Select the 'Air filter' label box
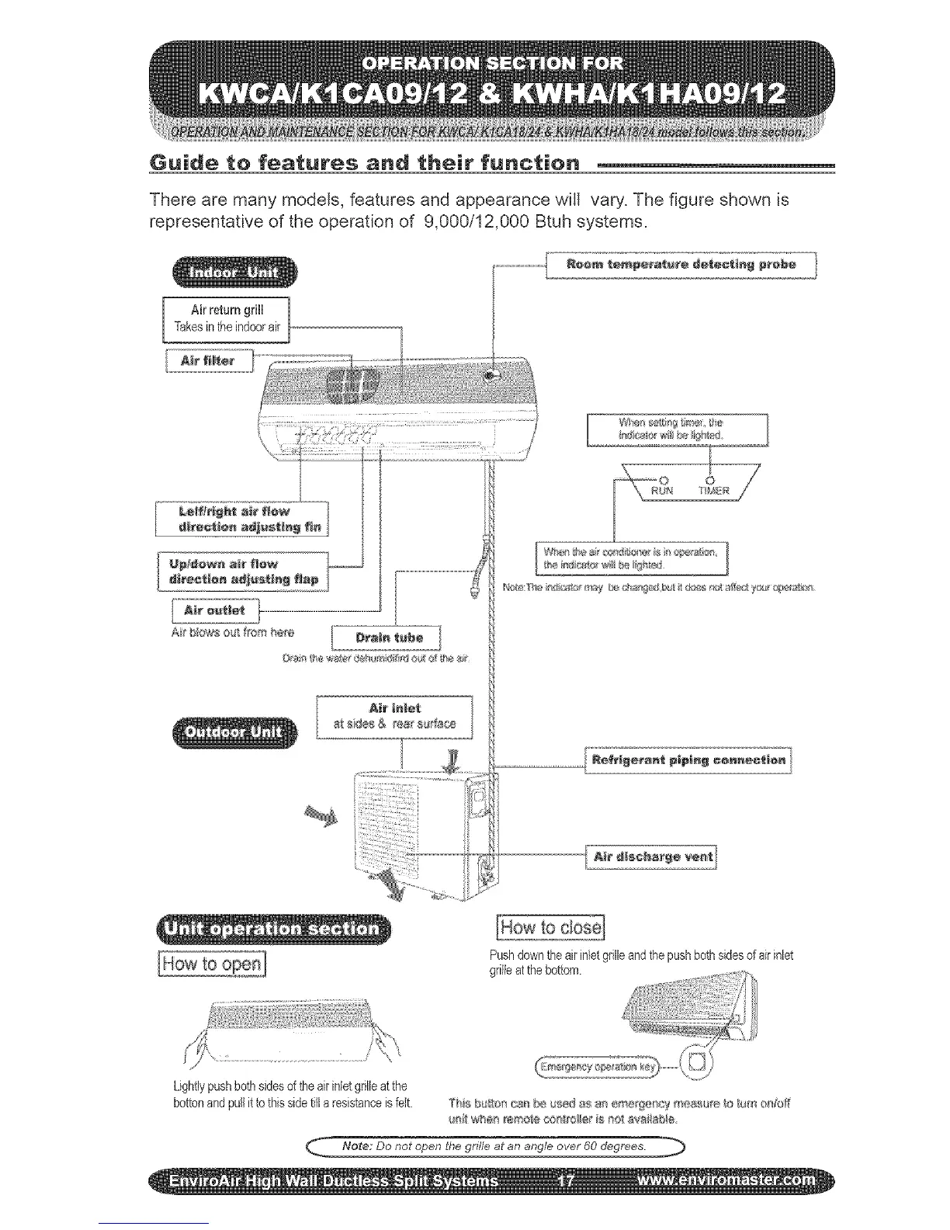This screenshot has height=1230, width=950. (x=209, y=361)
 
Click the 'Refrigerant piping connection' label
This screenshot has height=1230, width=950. (x=688, y=759)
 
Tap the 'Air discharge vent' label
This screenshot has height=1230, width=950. (x=652, y=857)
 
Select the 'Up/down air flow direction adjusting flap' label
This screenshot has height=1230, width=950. (x=243, y=571)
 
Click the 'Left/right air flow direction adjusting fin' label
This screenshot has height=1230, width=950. (x=242, y=519)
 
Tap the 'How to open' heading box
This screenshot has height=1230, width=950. (x=212, y=964)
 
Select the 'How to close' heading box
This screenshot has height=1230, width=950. (x=550, y=927)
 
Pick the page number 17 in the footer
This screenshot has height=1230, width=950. (x=566, y=1181)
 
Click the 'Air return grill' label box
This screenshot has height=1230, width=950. (x=226, y=318)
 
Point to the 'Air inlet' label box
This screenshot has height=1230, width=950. (x=395, y=716)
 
